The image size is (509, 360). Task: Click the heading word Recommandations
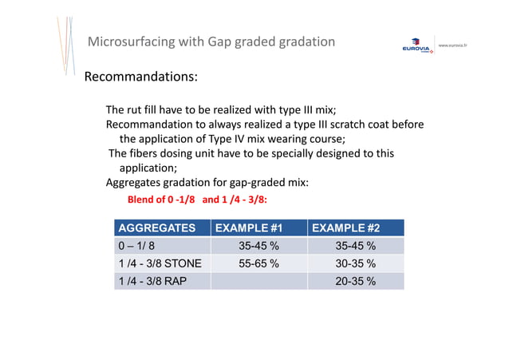tap(141, 77)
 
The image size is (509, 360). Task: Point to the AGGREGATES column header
tap(156, 228)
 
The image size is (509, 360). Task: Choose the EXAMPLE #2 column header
tap(345, 228)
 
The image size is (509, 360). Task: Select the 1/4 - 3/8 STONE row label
tap(160, 263)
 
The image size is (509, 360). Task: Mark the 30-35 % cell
tap(356, 263)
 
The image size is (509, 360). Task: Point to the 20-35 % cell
tap(356, 281)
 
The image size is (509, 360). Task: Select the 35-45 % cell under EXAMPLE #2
tap(356, 246)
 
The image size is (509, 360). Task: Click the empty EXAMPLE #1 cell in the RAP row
tap(258, 281)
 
